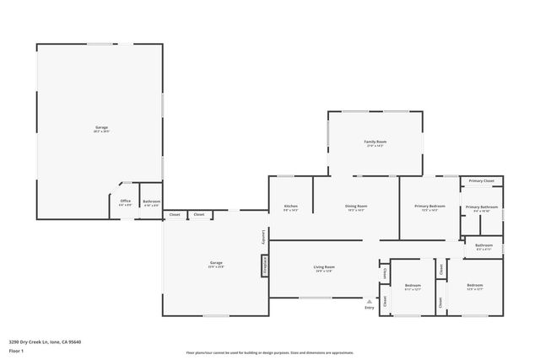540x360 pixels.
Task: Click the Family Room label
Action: coord(375,142)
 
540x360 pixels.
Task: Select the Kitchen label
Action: coord(290,207)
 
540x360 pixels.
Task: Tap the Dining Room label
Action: coord(356,207)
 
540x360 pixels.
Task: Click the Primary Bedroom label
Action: coord(429,207)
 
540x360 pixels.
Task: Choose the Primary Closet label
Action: coord(482,181)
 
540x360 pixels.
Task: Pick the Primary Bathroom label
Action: coord(482,207)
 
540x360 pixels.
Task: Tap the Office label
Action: coord(125,201)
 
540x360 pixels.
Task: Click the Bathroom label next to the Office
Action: coord(152,201)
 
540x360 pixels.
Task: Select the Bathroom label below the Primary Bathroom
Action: coord(484,245)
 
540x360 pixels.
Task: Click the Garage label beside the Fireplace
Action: coord(216,263)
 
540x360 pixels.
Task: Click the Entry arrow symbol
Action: coord(369,300)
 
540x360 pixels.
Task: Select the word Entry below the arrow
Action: coord(369,308)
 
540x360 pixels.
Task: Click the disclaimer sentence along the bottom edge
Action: coord(270,353)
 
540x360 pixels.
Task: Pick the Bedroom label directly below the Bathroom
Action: coord(475,286)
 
